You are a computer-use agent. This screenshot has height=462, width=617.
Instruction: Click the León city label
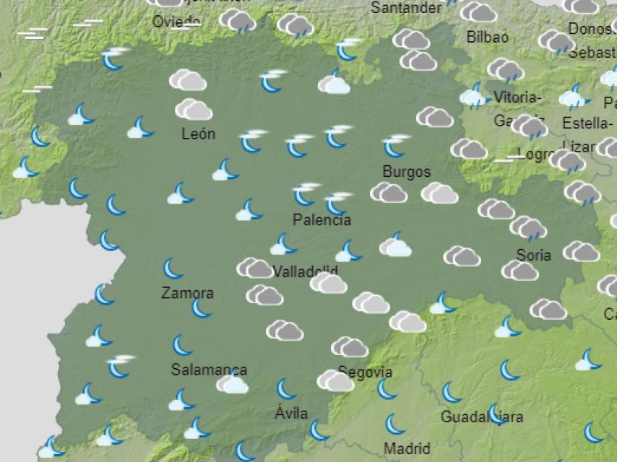click(x=198, y=134)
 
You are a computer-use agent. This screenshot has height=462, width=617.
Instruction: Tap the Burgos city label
click(x=406, y=172)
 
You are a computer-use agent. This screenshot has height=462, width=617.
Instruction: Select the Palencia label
click(x=322, y=219)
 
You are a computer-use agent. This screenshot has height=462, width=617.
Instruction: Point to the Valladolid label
click(x=306, y=272)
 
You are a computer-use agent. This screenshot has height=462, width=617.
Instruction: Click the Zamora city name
click(x=187, y=293)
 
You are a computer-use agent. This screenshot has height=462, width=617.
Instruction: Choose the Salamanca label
click(x=209, y=370)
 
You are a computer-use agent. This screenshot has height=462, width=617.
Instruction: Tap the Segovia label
click(x=365, y=372)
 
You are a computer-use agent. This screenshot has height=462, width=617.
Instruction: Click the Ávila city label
click(x=291, y=414)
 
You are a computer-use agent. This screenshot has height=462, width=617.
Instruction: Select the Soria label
click(x=533, y=254)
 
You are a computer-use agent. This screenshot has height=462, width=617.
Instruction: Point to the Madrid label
click(x=407, y=448)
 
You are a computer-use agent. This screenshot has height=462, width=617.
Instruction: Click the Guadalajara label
click(x=481, y=417)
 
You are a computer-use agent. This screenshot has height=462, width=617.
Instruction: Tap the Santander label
click(x=405, y=8)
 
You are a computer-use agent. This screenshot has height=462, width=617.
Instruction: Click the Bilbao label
click(x=487, y=37)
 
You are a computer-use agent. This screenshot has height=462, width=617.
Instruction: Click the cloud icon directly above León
click(x=193, y=110)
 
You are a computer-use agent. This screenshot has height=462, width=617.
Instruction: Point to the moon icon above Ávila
click(x=286, y=389)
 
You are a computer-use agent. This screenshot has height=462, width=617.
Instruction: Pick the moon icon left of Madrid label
click(x=394, y=424)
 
